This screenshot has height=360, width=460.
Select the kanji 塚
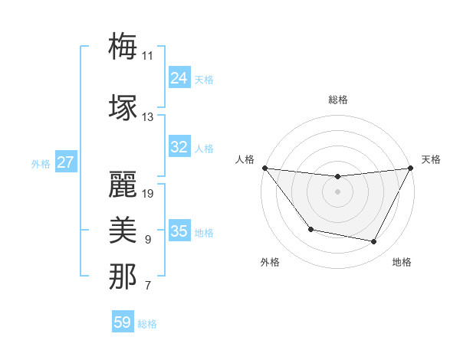[123, 108]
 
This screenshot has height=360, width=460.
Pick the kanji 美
[123, 231]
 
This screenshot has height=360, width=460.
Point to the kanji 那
[123, 277]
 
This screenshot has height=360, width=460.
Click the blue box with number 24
[179, 78]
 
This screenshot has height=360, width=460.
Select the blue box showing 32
[179, 147]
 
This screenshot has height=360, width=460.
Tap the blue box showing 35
[179, 231]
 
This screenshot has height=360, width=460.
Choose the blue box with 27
[65, 162]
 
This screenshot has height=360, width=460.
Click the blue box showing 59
[123, 322]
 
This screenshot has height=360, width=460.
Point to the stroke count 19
[149, 194]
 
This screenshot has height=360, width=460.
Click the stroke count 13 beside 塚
[148, 117]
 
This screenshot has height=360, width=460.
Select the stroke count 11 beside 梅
[148, 55]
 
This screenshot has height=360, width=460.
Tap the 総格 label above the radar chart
[337, 100]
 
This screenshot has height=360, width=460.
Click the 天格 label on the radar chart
[431, 159]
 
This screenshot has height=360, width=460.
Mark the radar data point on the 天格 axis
[411, 168]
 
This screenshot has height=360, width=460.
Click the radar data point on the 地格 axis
[374, 242]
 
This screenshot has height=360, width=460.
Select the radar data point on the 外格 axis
[310, 229]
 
